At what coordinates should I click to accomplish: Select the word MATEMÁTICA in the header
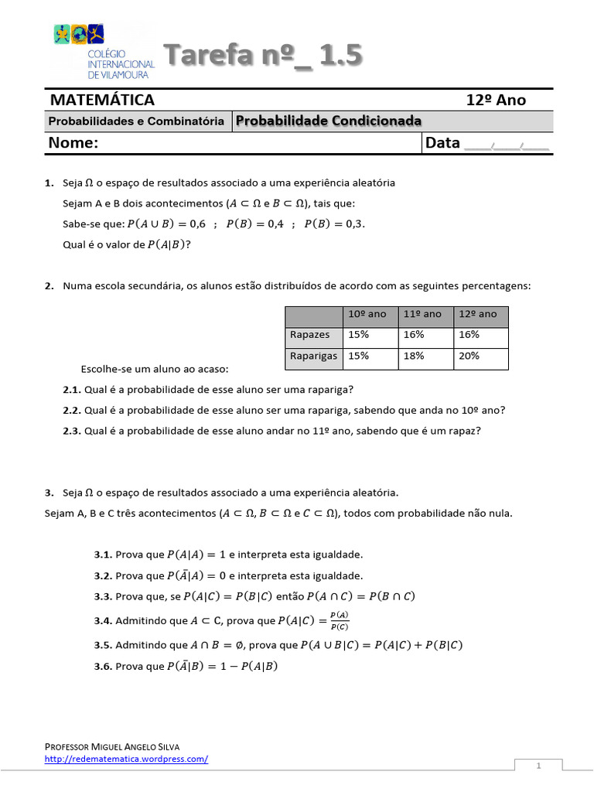[102, 100]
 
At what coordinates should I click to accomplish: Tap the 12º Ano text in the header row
[495, 100]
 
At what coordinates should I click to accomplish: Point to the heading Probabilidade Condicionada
[328, 121]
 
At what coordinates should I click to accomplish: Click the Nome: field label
[73, 143]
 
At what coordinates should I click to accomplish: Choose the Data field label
[442, 143]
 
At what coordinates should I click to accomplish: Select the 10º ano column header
[366, 314]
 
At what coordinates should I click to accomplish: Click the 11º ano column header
[422, 314]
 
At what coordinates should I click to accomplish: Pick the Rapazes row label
[309, 335]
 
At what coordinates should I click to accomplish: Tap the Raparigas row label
[312, 356]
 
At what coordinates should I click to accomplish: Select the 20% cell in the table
[469, 356]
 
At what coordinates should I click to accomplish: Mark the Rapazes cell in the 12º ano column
[469, 335]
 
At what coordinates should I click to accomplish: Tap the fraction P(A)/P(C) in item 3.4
[339, 620]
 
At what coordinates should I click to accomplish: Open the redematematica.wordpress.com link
[126, 759]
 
